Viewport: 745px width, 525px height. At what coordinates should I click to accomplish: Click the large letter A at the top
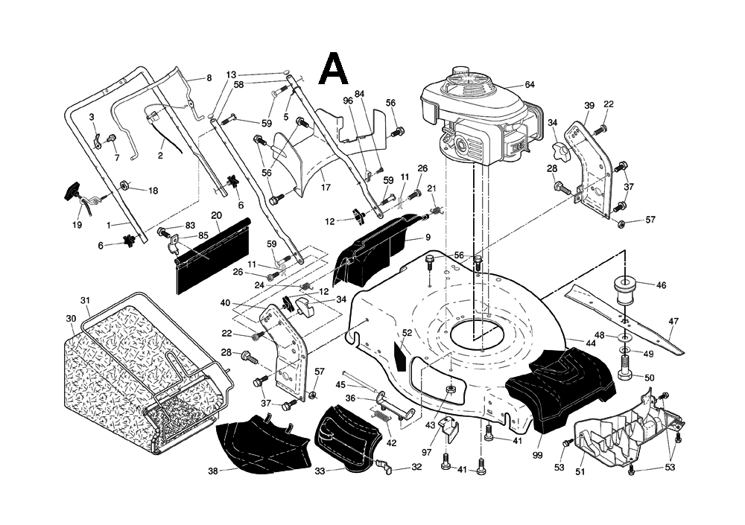point(333,69)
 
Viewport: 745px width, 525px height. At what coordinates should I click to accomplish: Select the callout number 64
point(530,84)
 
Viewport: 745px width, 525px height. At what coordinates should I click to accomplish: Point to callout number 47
point(673,322)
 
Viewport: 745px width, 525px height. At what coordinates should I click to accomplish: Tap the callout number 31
point(86,301)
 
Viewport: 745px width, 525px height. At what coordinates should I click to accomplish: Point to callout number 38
point(213,471)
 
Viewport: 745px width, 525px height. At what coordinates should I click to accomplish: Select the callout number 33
point(320,471)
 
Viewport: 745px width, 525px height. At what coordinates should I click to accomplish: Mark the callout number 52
point(407,333)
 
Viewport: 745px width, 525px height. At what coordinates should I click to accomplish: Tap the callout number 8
point(209,77)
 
